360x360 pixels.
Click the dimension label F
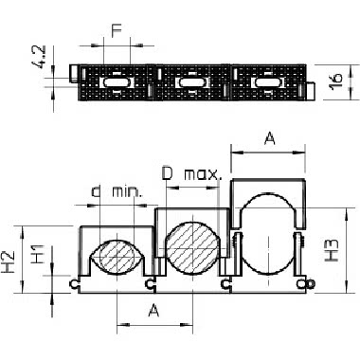click(x=117, y=31)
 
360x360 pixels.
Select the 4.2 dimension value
click(x=40, y=57)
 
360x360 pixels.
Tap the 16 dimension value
click(x=336, y=81)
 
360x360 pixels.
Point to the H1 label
click(x=38, y=254)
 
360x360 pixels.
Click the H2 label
click(x=9, y=261)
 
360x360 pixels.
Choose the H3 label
click(x=332, y=250)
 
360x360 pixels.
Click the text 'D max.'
click(x=191, y=173)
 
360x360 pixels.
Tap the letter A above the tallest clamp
click(x=269, y=138)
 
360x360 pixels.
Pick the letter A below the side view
click(x=153, y=311)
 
